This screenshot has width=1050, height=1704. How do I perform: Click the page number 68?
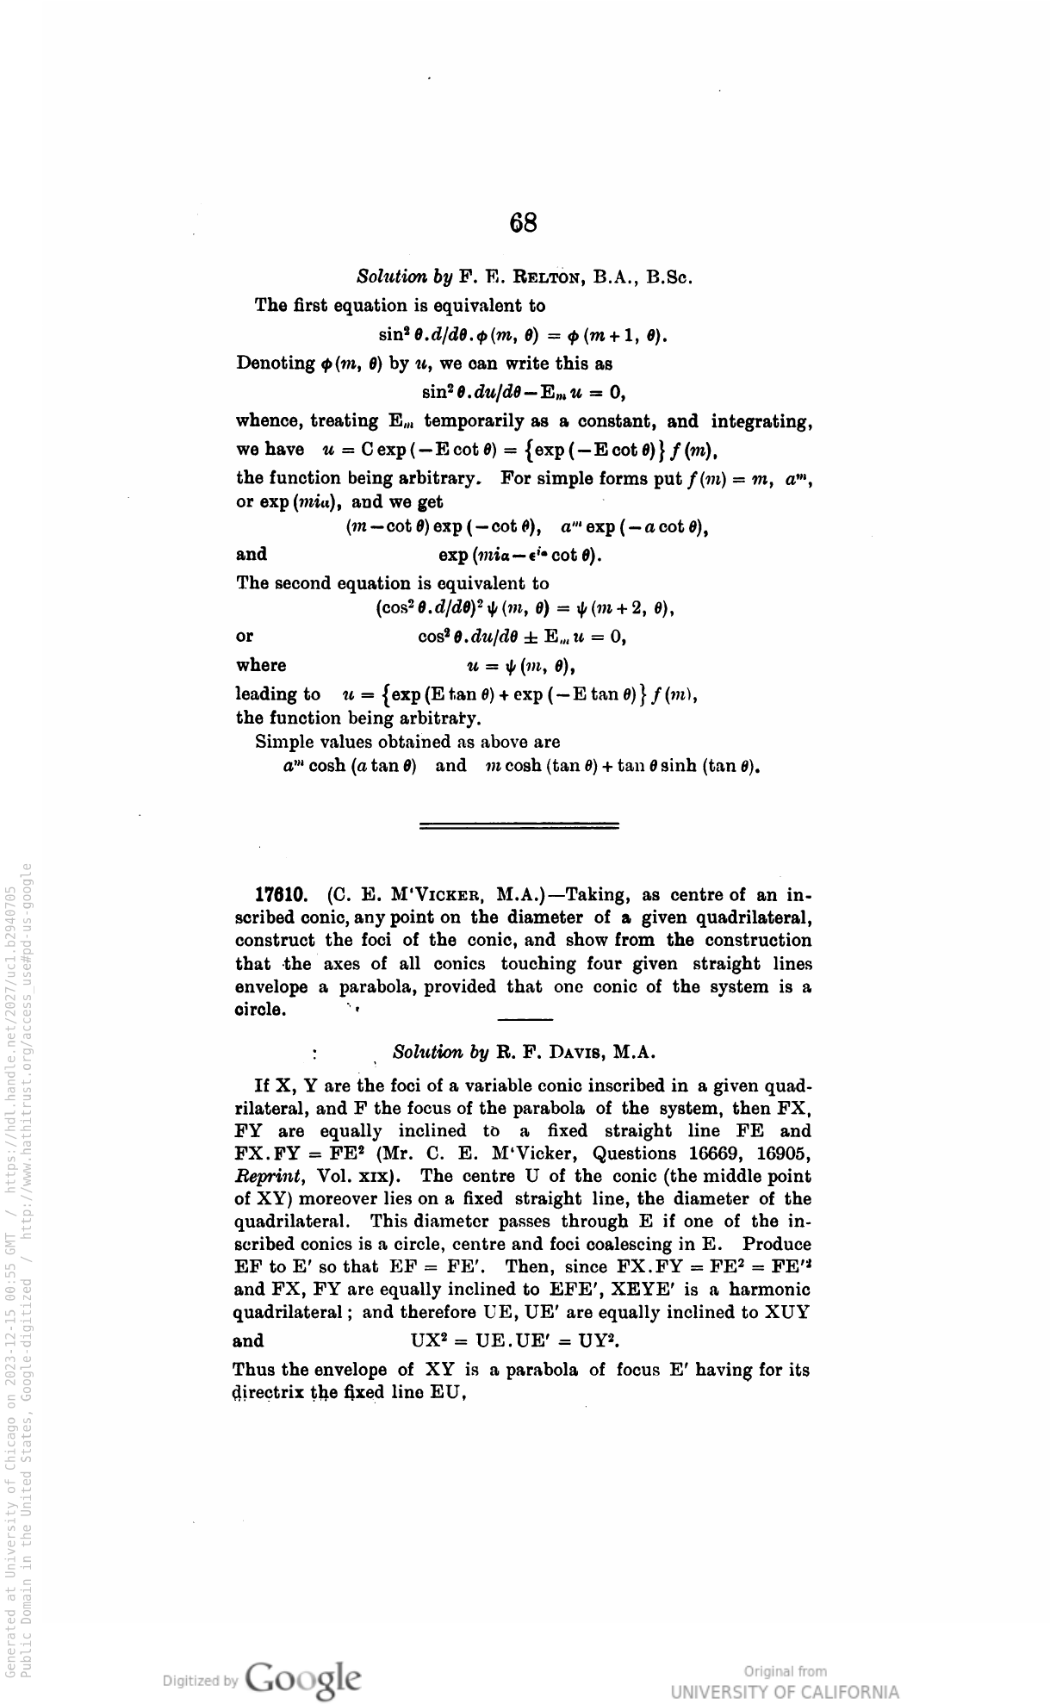524,223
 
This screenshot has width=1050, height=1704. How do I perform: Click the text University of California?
784,1690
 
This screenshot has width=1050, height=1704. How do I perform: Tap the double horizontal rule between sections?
519,825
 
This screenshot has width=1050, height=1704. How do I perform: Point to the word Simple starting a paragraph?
281,741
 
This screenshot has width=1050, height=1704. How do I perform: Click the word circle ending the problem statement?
260,1009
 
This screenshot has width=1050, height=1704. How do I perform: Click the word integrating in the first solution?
763,421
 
